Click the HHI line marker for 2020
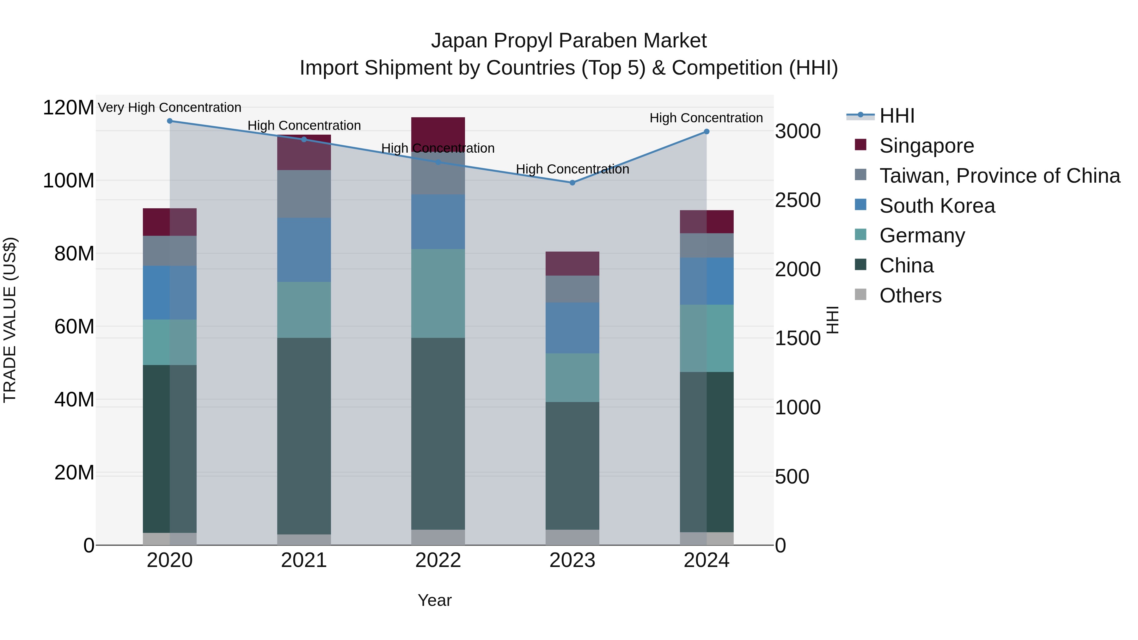click(170, 121)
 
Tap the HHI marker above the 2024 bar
click(707, 131)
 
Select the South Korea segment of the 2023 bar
click(572, 328)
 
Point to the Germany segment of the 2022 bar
click(438, 293)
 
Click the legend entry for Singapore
click(927, 146)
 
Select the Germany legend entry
click(922, 235)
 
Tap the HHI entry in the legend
click(896, 116)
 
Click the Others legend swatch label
click(910, 296)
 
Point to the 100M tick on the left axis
click(69, 181)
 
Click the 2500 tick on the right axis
click(798, 200)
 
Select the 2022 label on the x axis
click(438, 560)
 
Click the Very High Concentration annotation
click(170, 107)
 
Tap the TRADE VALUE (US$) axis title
click(10, 320)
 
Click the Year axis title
click(435, 600)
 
